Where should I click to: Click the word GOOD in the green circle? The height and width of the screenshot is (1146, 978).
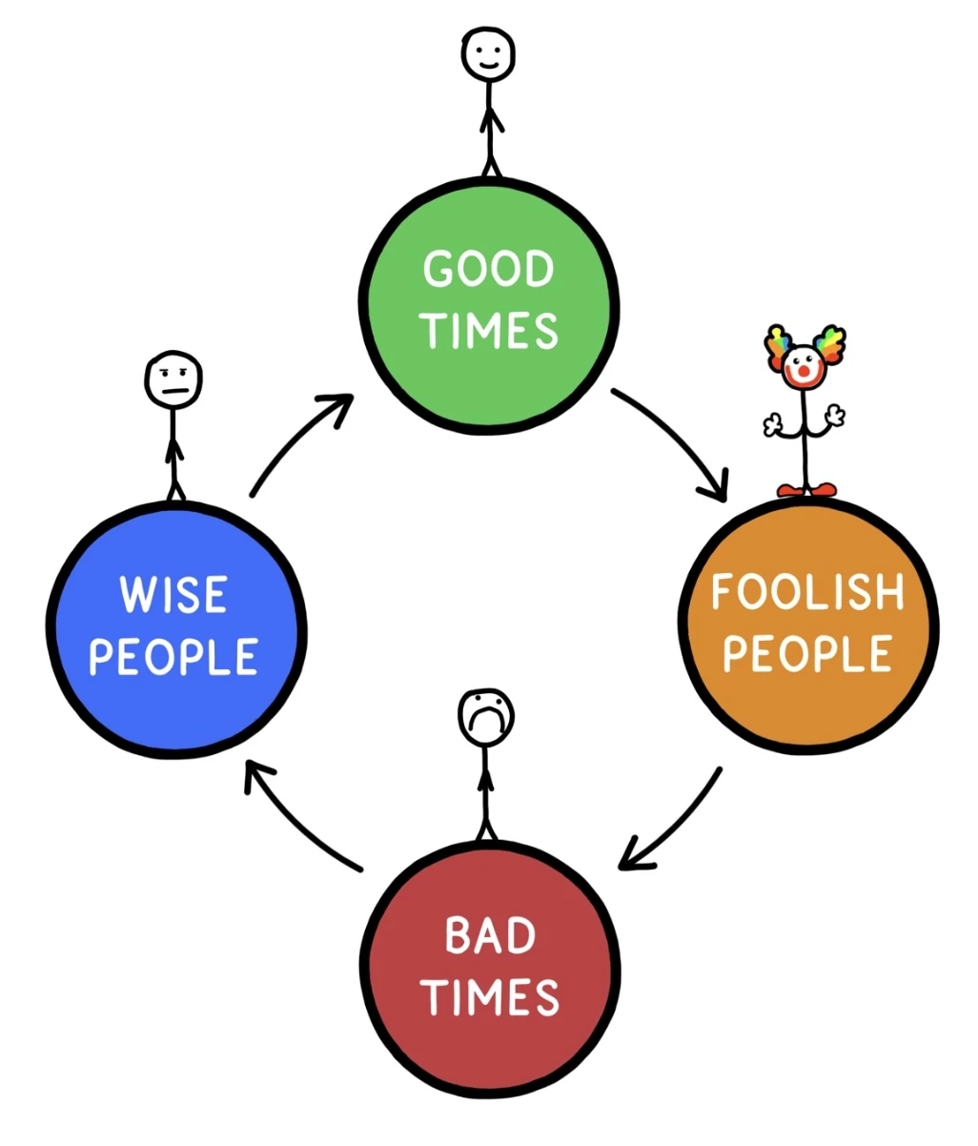488,270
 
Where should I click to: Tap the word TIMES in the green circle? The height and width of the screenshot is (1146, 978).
490,330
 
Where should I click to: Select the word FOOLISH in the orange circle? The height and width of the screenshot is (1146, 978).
807,593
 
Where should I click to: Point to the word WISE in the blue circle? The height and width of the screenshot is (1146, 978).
173,595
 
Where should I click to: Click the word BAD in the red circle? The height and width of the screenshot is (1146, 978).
490,936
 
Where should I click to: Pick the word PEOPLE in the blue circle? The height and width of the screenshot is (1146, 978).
173,657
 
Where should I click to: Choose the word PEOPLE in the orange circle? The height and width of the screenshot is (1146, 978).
807,654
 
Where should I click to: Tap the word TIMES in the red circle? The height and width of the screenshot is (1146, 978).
490,997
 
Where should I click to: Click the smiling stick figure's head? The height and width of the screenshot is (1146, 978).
488,53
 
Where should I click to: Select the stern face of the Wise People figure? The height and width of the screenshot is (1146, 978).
173,381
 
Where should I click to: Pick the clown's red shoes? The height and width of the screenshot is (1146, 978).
806,490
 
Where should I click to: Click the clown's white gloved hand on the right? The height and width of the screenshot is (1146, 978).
836,416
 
